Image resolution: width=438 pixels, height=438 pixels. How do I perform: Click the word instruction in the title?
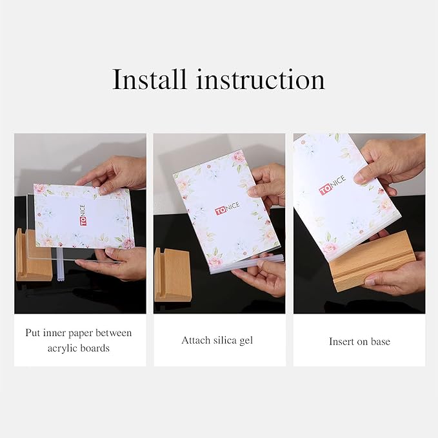coord(260,80)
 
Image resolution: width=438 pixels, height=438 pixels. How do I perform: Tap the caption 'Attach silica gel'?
coord(217,340)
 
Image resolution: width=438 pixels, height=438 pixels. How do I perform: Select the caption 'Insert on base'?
coord(359,341)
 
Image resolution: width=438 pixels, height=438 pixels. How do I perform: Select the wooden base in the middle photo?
coord(172,274)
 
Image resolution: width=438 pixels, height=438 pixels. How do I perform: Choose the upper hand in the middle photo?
coord(270,184)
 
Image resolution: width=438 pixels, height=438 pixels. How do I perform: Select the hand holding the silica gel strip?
coord(264,277)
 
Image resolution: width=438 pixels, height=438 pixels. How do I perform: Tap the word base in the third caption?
coord(380,341)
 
